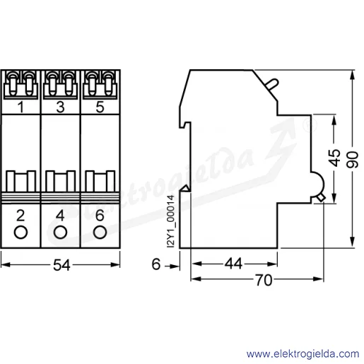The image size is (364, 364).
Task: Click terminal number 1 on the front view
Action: point(21,107)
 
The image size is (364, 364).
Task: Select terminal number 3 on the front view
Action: point(60,107)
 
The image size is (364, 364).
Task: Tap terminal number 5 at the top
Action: point(100,107)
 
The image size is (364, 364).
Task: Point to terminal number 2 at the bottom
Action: point(20,216)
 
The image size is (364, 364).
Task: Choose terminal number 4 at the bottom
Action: point(60,216)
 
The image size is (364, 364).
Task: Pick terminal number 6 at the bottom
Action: point(100,216)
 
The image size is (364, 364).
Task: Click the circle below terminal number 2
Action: point(20,233)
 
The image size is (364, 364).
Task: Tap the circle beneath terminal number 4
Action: point(60,233)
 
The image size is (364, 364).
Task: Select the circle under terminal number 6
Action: point(100,233)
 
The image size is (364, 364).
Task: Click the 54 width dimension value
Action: point(61,265)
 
